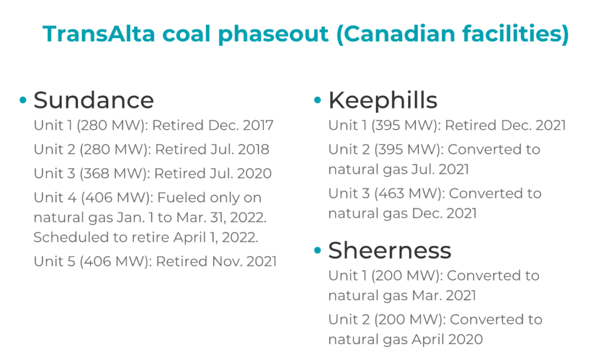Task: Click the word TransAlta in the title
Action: coord(99,34)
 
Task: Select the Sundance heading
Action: coord(94,100)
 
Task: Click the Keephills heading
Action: coord(383,100)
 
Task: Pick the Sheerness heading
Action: coord(389,250)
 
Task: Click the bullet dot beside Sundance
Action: coord(23,100)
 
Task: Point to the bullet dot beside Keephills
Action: coord(318,100)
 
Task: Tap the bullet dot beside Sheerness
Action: coord(318,250)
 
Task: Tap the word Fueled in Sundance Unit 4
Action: coord(181,198)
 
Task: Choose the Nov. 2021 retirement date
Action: coord(244,261)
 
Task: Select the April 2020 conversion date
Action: coord(447,340)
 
